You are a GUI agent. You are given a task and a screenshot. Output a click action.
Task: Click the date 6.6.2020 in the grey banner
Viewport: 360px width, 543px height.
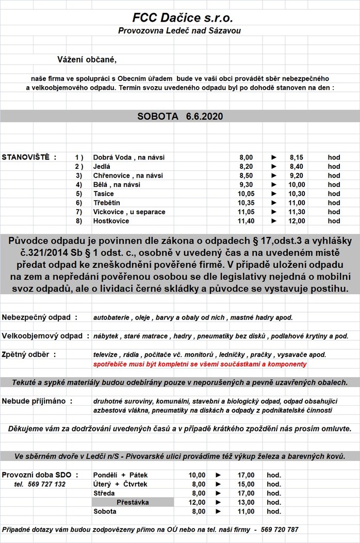205,117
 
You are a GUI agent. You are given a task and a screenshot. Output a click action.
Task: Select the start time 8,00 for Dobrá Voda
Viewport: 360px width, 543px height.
246,157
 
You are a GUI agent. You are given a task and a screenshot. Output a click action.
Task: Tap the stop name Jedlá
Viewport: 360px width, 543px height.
102,166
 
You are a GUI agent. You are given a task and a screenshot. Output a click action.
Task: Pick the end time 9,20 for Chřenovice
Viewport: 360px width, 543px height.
297,175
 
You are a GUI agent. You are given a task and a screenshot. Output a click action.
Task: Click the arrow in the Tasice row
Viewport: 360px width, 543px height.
274,194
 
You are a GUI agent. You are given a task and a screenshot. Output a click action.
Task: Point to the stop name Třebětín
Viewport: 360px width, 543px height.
107,203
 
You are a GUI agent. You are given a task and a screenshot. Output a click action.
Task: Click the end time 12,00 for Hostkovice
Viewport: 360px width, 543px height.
297,221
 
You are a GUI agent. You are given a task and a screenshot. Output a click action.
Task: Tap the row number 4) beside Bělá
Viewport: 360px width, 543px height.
79,184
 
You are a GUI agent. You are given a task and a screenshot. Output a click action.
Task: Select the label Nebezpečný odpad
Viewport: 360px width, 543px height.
39,317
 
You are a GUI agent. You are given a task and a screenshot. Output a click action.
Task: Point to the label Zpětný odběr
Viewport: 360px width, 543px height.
29,355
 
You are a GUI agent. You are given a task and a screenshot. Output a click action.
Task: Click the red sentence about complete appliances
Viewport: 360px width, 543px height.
200,364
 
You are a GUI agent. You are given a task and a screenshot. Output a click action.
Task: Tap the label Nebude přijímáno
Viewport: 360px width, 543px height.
36,401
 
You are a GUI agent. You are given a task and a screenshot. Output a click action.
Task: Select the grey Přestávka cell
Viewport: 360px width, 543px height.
133,502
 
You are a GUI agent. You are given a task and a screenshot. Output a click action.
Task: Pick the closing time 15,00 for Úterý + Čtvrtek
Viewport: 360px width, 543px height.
246,484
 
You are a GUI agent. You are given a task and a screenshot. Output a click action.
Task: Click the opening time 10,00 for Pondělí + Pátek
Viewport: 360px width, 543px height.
197,475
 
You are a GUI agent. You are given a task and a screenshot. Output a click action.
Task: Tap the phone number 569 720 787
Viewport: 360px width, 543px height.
279,530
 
